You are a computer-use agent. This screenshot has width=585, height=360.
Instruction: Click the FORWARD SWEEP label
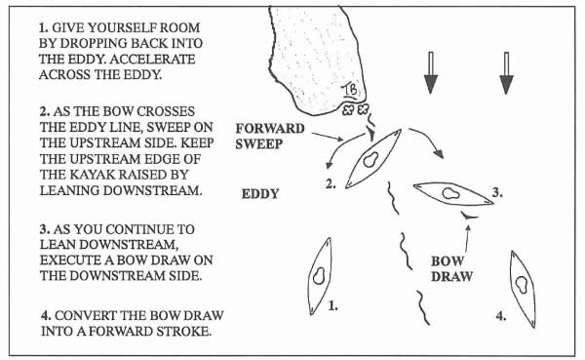270,136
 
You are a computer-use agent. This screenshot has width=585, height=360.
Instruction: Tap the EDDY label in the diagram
260,194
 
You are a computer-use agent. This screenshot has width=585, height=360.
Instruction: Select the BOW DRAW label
451,269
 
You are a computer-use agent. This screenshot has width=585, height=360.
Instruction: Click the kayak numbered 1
320,276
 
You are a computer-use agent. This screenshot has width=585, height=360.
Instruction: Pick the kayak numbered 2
373,158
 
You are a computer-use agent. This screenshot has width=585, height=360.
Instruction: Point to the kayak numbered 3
453,193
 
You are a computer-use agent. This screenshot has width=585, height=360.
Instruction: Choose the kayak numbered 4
523,289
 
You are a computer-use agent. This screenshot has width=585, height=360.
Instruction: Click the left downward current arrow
431,73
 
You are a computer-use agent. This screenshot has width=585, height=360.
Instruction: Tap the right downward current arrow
506,73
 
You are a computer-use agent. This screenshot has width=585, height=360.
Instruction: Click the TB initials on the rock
350,90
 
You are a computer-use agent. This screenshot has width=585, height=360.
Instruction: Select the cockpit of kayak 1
319,276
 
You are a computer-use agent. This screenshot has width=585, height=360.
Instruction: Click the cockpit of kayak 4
522,285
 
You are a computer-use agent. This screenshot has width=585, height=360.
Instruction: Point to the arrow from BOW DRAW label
467,237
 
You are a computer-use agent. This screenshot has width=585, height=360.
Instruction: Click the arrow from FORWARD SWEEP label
328,137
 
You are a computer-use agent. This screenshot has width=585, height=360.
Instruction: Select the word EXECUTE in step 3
70,260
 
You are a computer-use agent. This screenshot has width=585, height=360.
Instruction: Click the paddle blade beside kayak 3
469,215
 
